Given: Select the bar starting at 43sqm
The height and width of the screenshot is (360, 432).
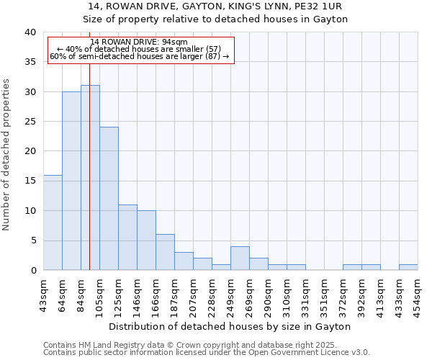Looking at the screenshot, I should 53,222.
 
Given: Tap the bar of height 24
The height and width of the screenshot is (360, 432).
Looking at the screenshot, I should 109,199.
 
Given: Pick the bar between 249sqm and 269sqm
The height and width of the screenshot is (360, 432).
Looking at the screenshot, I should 240,258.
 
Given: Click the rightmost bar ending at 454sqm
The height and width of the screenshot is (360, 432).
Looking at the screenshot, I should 408,267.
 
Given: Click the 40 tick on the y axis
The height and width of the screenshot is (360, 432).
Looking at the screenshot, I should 30,32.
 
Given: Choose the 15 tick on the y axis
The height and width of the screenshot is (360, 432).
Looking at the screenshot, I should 30,181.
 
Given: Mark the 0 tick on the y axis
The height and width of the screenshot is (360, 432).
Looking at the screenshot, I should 32,271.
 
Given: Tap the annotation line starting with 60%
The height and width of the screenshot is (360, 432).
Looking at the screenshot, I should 140,56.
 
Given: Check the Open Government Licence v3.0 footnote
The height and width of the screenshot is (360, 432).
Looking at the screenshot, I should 207,353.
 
